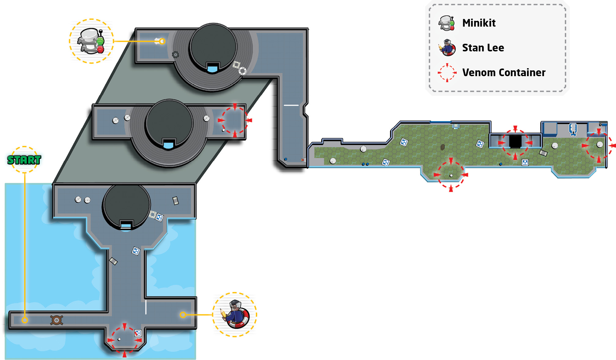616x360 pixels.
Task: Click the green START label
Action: coord(24,160)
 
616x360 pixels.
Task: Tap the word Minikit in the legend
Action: coord(479,23)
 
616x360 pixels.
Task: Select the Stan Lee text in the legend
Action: coord(483,48)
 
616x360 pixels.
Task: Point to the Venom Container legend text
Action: coord(504,72)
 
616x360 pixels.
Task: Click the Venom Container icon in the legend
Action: coord(447,72)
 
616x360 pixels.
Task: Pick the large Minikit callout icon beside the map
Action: coord(91,41)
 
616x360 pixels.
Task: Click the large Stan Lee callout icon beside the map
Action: coord(235,314)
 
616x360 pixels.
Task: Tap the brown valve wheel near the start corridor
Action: coord(57,320)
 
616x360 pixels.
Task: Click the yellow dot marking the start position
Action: coord(25,320)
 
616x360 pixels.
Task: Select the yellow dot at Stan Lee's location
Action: coord(183,315)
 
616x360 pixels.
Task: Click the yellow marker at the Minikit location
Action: coord(162,41)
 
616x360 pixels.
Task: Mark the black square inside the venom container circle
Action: coord(515,142)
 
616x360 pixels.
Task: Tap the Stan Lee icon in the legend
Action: coord(447,48)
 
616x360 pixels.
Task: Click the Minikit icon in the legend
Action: coord(447,23)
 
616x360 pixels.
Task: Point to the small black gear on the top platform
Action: coord(175,55)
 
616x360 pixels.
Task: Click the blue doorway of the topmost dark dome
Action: coord(212,68)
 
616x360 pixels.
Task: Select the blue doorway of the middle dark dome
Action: coord(168,145)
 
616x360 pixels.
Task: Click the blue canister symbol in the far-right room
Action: coord(573,129)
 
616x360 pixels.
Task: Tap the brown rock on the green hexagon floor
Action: coord(442,147)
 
